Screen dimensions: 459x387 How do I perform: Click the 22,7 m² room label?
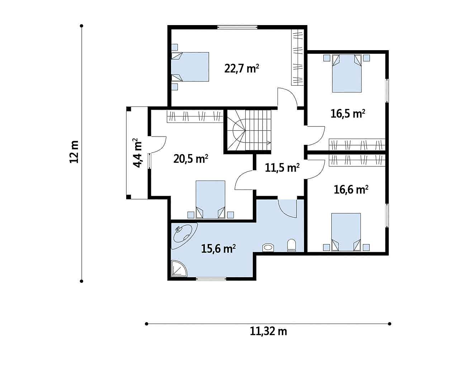pos(241,68)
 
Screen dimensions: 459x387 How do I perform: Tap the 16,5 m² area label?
pos(348,114)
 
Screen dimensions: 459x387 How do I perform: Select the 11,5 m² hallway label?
pos(282,168)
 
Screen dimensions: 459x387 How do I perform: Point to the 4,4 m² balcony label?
pos(138,153)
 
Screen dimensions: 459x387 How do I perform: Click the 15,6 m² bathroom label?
pos(218,249)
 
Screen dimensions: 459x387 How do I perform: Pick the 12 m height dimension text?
pos(74,152)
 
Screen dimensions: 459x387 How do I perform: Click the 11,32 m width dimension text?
pos(269,331)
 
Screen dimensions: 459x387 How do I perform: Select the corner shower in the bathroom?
pos(179,268)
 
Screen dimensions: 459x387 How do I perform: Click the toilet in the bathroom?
pos(292,245)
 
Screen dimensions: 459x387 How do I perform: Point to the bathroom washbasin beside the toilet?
pos(268,248)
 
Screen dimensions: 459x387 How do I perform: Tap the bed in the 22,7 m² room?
pos(190,67)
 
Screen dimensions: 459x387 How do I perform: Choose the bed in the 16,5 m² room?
pos(347,73)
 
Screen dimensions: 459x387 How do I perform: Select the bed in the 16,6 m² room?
pos(346,232)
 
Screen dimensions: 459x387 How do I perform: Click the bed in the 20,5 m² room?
pos(210,200)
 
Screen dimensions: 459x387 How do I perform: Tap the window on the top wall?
pos(237,27)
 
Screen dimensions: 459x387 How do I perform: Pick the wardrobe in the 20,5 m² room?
pos(195,116)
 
